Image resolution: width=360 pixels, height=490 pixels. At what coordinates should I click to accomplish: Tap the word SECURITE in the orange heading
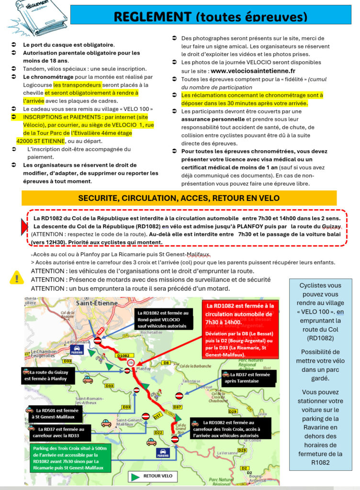coord(98,198)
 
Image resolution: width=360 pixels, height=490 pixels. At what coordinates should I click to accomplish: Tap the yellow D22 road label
coord(159,432)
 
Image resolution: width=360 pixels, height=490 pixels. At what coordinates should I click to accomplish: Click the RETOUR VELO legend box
coord(153,476)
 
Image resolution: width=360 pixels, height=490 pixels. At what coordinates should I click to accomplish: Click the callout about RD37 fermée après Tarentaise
coord(248,378)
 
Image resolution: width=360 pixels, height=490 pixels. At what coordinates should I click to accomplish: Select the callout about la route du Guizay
coord(48,375)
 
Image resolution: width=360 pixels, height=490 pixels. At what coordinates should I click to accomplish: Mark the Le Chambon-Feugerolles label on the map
coord(45,354)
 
